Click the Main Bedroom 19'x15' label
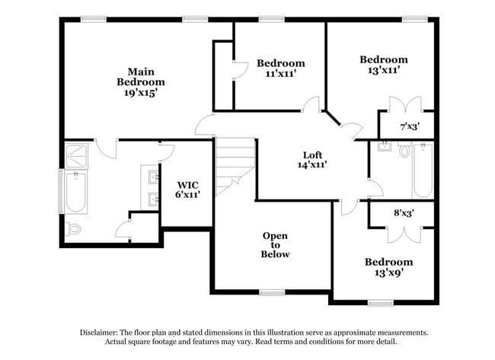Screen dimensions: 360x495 141,81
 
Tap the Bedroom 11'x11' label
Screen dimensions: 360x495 280,68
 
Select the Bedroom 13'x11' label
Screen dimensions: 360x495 383,65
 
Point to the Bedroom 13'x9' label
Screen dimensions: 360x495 388,266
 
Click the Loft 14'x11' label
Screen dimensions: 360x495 311,158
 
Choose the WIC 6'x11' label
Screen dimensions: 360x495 188,190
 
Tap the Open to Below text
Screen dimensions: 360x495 275,245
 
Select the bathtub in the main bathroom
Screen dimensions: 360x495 75,193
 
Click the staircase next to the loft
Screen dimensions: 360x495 234,164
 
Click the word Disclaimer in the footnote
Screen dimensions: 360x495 104,333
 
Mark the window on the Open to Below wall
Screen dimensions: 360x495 271,292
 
